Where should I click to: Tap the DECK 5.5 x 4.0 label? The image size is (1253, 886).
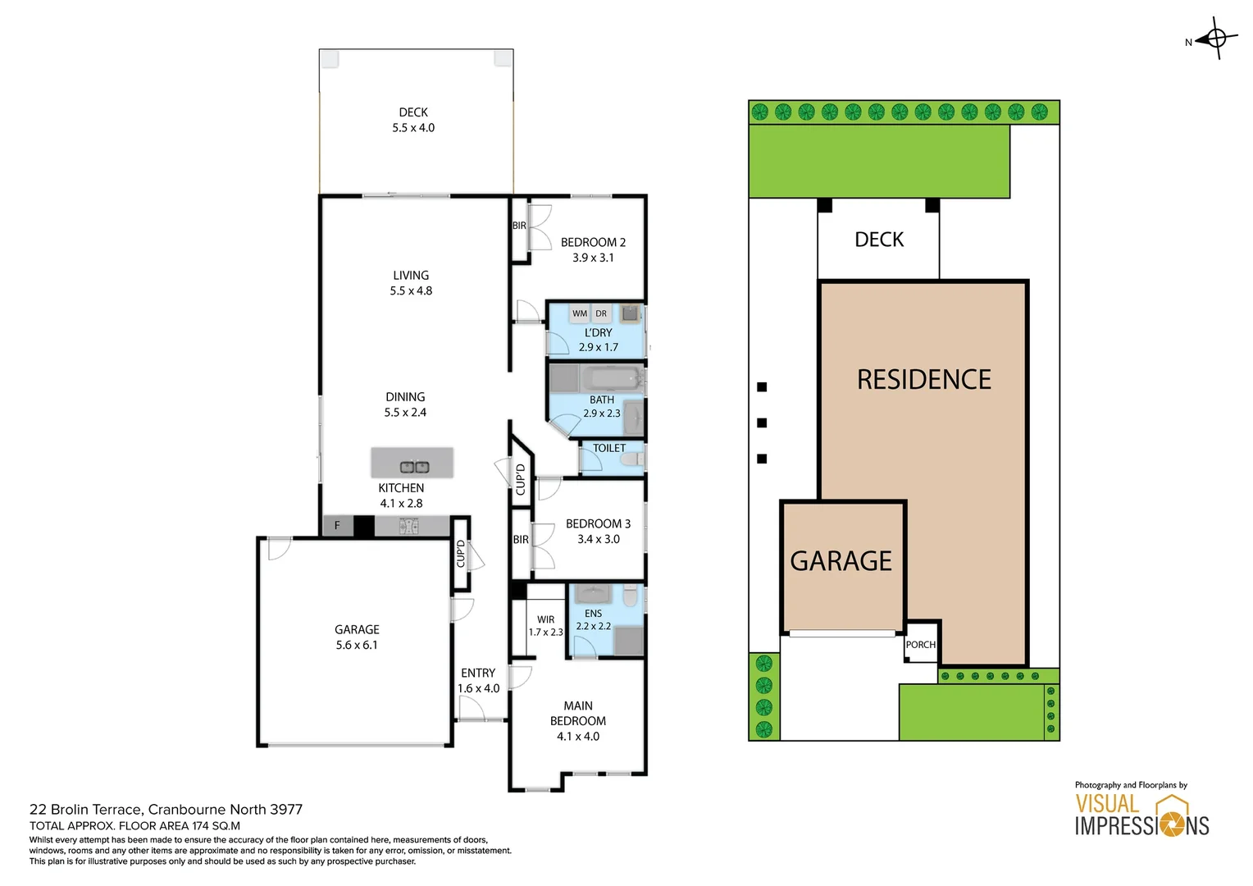[x=413, y=120]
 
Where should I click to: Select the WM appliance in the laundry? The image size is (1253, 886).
[x=580, y=313]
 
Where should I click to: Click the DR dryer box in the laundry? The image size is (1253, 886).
[x=601, y=313]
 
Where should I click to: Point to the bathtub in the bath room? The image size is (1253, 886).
[x=611, y=379]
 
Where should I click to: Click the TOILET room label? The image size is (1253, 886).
[x=609, y=448]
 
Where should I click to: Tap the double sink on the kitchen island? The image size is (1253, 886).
[x=414, y=467]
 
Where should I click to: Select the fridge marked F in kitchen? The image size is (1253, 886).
[x=337, y=526]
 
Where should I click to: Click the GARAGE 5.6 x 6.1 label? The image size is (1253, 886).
[x=357, y=637]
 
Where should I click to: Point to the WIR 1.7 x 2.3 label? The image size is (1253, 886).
[x=545, y=626]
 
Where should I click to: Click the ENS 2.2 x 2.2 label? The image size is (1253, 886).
[x=594, y=619]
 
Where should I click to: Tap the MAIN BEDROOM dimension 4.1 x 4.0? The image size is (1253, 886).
[x=578, y=737]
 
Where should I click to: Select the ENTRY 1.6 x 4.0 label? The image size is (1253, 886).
[x=478, y=680]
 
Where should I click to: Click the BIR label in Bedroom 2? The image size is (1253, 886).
[x=519, y=226]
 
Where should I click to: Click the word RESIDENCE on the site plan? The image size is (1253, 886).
[x=924, y=379]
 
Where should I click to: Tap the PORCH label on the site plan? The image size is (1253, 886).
[x=921, y=645]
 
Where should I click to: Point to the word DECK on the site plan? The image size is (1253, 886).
[x=879, y=240]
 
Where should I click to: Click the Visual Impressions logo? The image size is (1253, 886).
[x=1141, y=814]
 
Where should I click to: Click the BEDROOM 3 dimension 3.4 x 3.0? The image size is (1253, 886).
[x=599, y=539]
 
